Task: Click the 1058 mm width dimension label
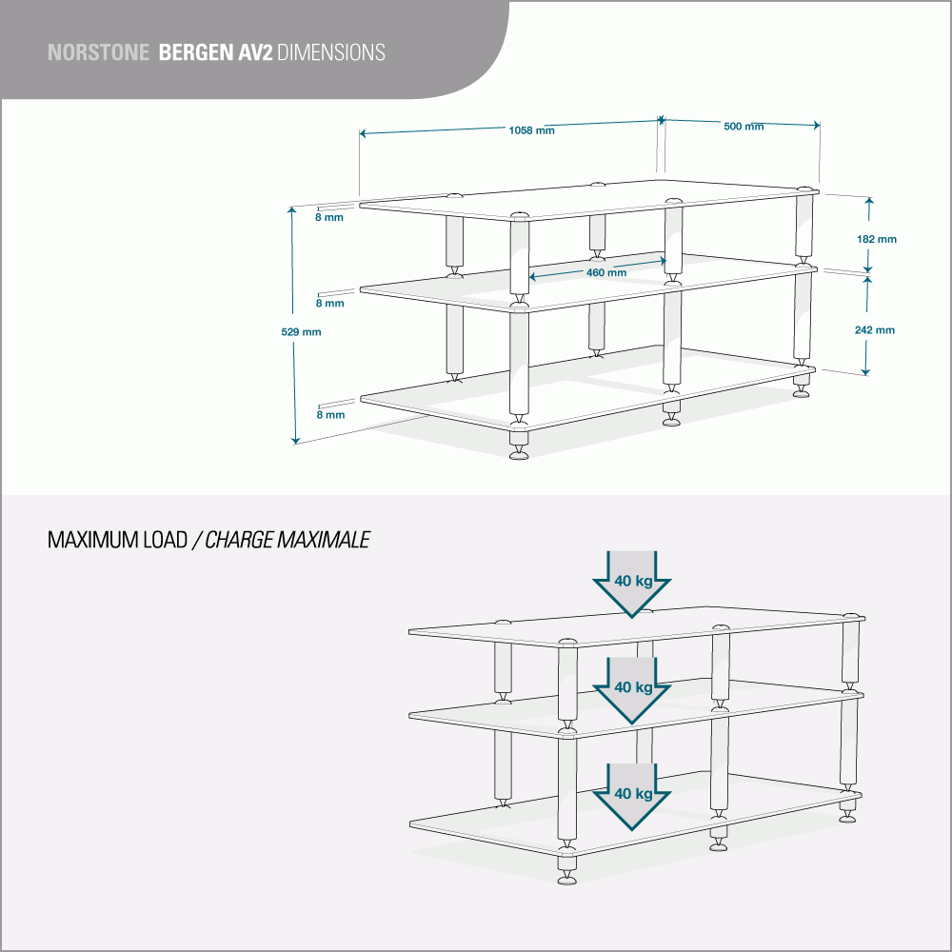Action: [532, 130]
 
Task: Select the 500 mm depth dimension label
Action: [744, 127]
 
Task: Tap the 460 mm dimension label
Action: [605, 273]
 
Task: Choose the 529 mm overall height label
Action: [301, 332]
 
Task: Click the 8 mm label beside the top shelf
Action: [329, 217]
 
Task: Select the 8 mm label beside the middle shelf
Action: [329, 304]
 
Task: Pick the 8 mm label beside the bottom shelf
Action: [329, 415]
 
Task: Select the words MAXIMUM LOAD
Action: [117, 541]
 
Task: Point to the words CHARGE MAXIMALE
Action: [287, 541]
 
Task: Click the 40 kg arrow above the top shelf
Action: [633, 582]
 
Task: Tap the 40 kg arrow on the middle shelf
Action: [633, 687]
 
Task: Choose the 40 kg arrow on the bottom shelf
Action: [633, 794]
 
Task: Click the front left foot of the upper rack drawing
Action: [519, 451]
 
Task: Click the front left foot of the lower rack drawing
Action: [568, 877]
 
